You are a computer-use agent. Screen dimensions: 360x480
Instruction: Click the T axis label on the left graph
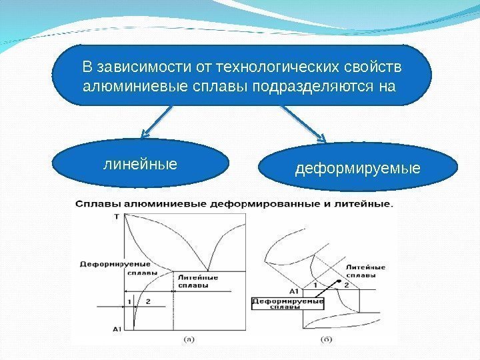(117, 217)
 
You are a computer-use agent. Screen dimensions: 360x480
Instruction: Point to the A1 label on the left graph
(116, 329)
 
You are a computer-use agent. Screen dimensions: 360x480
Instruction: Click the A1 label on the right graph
(293, 291)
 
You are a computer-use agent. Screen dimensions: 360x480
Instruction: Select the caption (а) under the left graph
(189, 339)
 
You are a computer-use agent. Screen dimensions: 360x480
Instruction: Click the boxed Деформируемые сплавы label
(287, 304)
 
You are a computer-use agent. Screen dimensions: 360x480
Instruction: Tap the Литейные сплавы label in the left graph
(197, 281)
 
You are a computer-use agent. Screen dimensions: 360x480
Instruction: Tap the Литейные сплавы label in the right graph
(365, 271)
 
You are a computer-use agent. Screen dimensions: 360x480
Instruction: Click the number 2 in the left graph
(147, 301)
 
